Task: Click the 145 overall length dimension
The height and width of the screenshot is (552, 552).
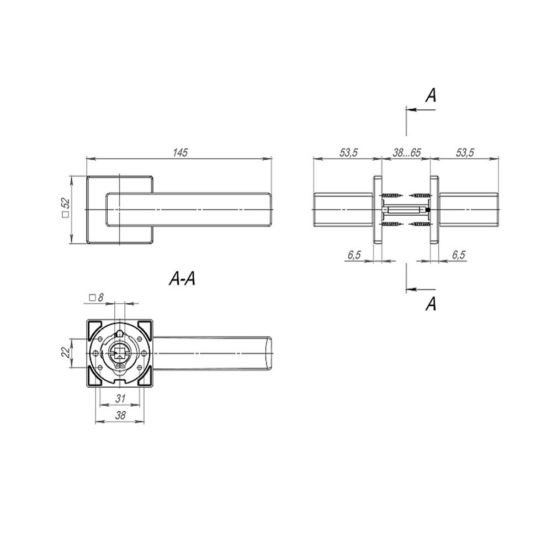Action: pos(179,153)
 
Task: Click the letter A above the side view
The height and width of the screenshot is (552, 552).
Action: pos(431,95)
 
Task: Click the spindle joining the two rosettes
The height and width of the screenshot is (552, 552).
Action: pos(406,210)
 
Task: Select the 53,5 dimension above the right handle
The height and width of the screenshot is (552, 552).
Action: pos(465,153)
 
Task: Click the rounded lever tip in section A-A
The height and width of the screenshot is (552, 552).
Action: pos(270,354)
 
